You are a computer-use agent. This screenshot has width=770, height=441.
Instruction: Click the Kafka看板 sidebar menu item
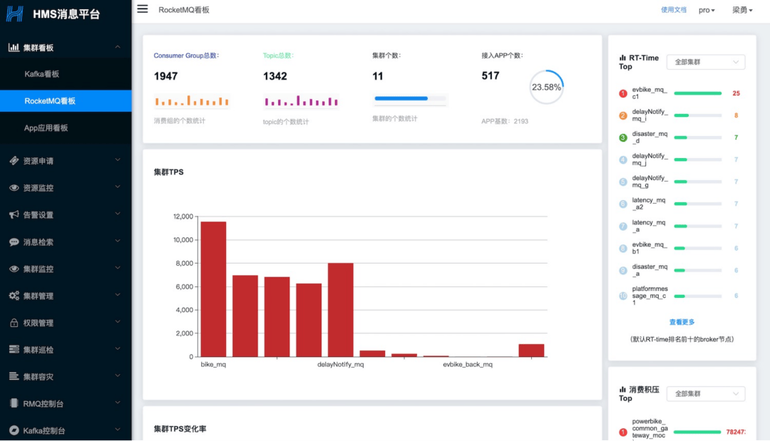tap(41, 74)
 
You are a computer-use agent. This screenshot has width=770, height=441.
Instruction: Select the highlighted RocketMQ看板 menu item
tap(50, 101)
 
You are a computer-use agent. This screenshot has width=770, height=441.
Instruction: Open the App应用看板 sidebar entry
tap(46, 128)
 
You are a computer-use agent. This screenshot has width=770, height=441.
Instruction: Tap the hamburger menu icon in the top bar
tap(143, 9)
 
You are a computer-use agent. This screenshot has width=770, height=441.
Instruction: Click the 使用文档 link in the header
tap(673, 10)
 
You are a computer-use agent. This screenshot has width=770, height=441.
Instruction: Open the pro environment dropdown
tap(707, 10)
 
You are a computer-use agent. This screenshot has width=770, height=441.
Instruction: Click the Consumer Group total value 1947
tap(165, 76)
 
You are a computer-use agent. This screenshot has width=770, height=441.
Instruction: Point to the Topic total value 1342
tap(274, 76)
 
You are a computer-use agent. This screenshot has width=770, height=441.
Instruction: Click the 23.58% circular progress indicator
tap(546, 88)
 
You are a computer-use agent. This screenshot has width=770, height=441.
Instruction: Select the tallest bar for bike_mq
tap(213, 289)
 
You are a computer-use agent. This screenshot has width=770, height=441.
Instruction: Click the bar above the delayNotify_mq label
tap(341, 309)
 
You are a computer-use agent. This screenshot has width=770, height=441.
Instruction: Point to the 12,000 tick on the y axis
tap(183, 217)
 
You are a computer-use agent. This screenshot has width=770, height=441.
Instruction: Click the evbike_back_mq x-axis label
tap(468, 365)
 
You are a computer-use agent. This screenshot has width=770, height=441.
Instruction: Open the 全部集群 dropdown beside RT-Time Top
tap(705, 62)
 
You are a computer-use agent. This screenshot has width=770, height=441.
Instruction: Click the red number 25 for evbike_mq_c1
tap(736, 93)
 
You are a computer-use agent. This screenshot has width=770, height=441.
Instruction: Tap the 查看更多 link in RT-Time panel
tap(682, 322)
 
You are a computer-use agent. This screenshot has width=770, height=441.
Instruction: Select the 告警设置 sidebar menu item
tap(38, 215)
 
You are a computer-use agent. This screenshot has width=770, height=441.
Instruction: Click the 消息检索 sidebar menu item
tap(38, 242)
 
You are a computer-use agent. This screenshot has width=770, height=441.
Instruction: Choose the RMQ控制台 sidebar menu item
tap(43, 404)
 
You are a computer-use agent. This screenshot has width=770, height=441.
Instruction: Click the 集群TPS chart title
tap(169, 172)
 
